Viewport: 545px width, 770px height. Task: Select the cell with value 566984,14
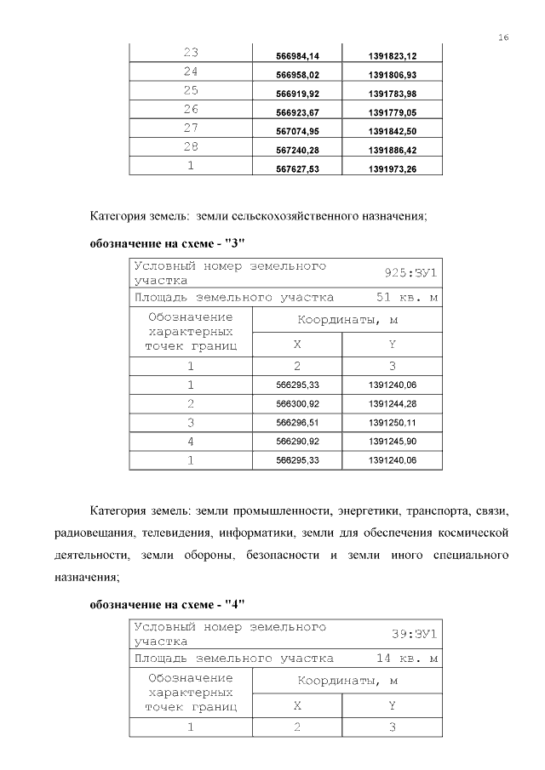point(298,56)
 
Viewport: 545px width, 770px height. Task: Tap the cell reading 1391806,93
point(393,75)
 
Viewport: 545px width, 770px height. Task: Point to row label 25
point(191,90)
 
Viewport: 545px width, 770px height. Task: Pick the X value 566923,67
point(298,112)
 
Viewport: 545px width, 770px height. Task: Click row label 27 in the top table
point(191,128)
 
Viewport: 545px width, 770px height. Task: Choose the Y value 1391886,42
point(393,150)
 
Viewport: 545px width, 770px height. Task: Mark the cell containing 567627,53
point(298,168)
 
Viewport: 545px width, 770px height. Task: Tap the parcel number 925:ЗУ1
point(410,273)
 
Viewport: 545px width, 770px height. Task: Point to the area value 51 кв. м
point(407,298)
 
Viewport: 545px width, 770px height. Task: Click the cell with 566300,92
point(298,403)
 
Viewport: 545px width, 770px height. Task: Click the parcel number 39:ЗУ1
point(414,633)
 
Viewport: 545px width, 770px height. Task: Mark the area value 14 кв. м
point(407,658)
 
